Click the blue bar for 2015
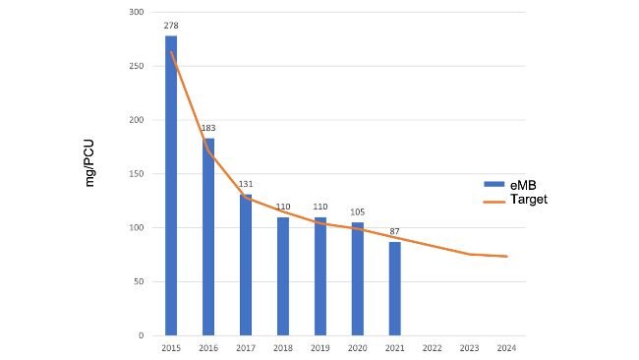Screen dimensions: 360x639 click(x=171, y=186)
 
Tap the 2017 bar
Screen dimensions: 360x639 click(x=246, y=265)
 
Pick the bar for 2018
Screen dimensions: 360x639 click(x=283, y=276)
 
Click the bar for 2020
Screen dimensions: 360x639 click(x=358, y=279)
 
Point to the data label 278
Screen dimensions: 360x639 click(x=171, y=25)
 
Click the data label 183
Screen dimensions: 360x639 click(x=208, y=128)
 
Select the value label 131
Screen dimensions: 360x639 click(x=246, y=184)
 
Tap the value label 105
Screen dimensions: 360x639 click(x=358, y=211)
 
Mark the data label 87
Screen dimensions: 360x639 click(x=395, y=231)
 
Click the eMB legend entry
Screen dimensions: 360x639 click(x=511, y=184)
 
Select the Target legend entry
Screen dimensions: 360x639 click(x=515, y=199)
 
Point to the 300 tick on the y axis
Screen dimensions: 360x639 click(x=138, y=12)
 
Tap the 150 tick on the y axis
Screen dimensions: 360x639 click(x=138, y=174)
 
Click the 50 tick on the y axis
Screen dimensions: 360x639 click(x=140, y=282)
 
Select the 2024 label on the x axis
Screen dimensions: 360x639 click(x=506, y=347)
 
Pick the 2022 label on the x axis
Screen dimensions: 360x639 click(x=433, y=347)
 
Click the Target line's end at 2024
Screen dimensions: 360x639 click(x=506, y=257)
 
